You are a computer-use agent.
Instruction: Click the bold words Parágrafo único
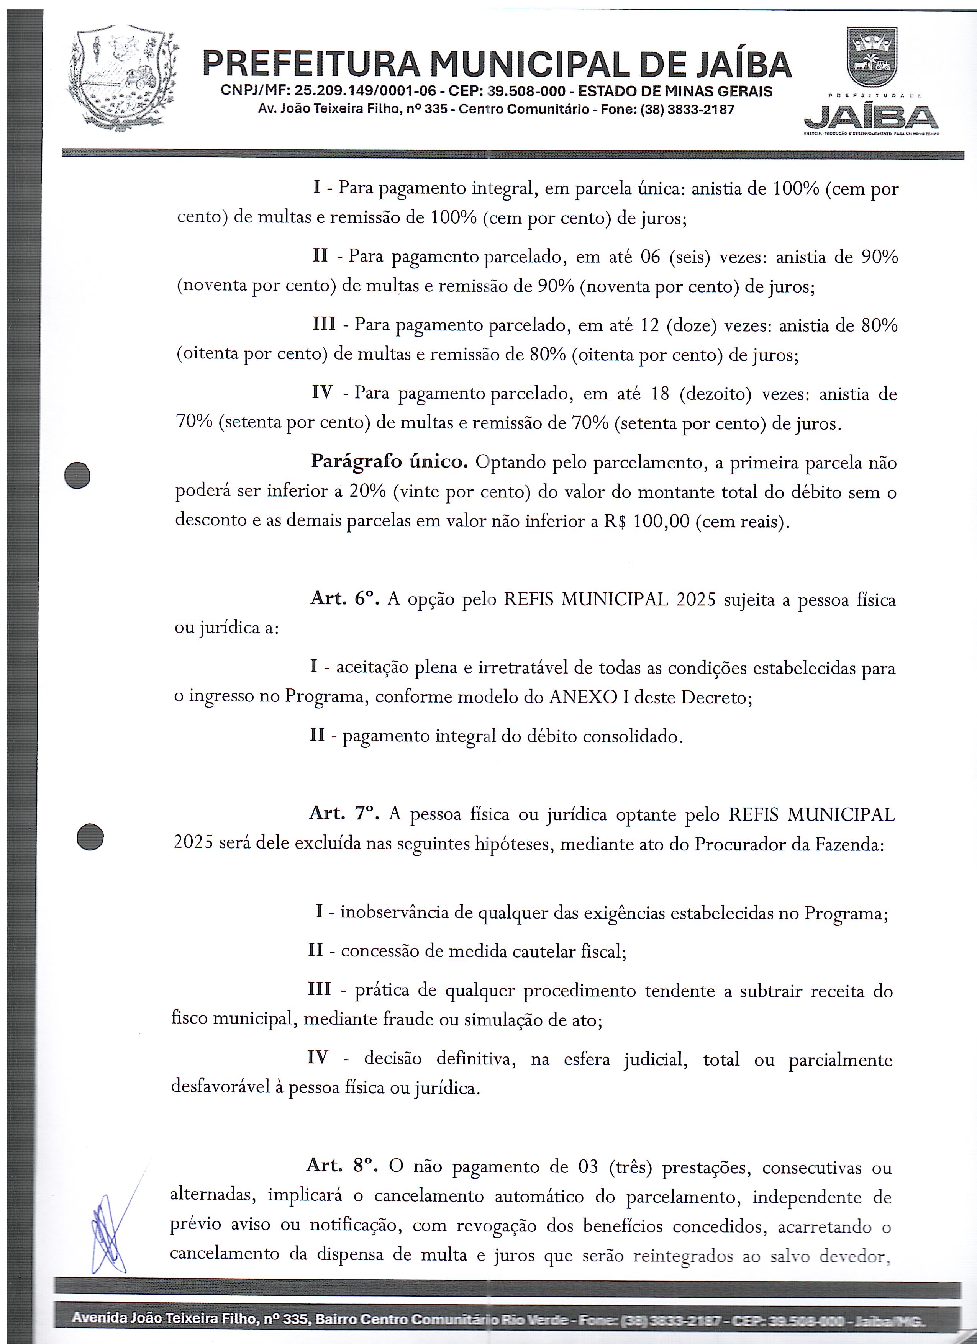click(389, 462)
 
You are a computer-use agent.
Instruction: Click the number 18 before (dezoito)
click(660, 394)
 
